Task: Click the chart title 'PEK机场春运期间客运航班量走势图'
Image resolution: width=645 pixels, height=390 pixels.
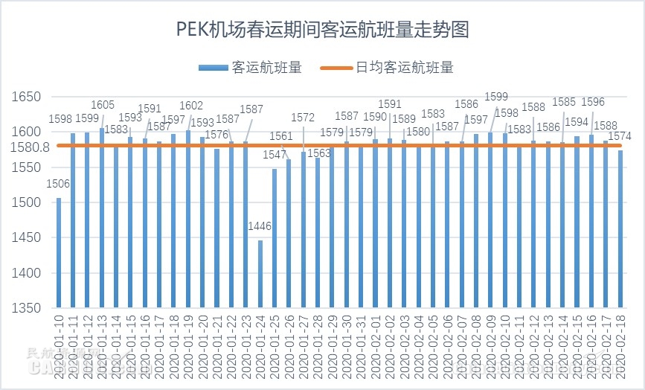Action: pyautogui.click(x=322, y=31)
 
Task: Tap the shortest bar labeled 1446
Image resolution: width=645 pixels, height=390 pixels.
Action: pyautogui.click(x=260, y=274)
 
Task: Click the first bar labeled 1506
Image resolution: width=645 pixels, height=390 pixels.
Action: pyautogui.click(x=59, y=253)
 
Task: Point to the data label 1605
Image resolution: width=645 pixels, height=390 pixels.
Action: pyautogui.click(x=103, y=105)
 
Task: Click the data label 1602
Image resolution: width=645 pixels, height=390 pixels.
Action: pyautogui.click(x=191, y=106)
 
